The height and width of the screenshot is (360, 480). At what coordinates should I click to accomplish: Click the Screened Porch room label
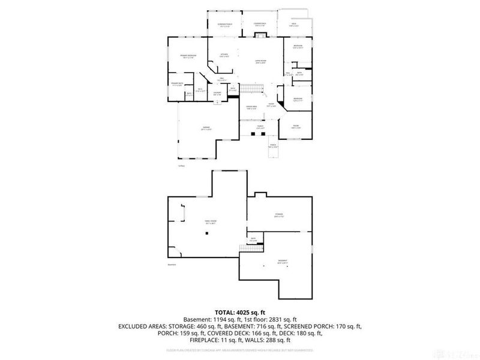[224, 25]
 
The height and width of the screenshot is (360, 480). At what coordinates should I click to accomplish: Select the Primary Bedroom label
[188, 56]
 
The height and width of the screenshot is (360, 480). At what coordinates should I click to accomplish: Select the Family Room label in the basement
[209, 221]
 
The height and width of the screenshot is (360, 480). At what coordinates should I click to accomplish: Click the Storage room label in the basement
[278, 214]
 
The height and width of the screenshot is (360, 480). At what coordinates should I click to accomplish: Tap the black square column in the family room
[206, 233]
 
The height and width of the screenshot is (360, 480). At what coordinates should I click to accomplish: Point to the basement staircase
[246, 247]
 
